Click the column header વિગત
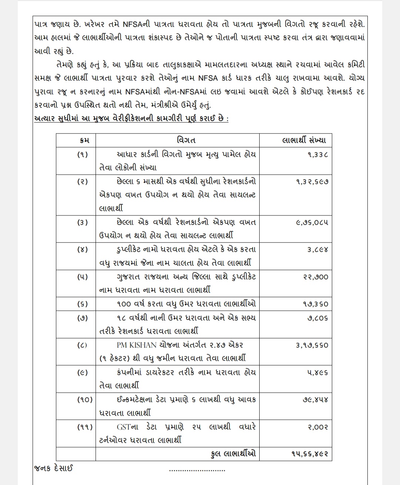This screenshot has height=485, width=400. [187, 140]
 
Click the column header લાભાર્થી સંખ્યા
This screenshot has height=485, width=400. [304, 140]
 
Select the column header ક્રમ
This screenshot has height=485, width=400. [84, 140]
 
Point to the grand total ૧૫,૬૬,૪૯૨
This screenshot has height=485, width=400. [310, 454]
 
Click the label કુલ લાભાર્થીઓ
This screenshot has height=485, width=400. [233, 454]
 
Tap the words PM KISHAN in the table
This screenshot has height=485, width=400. [137, 345]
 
